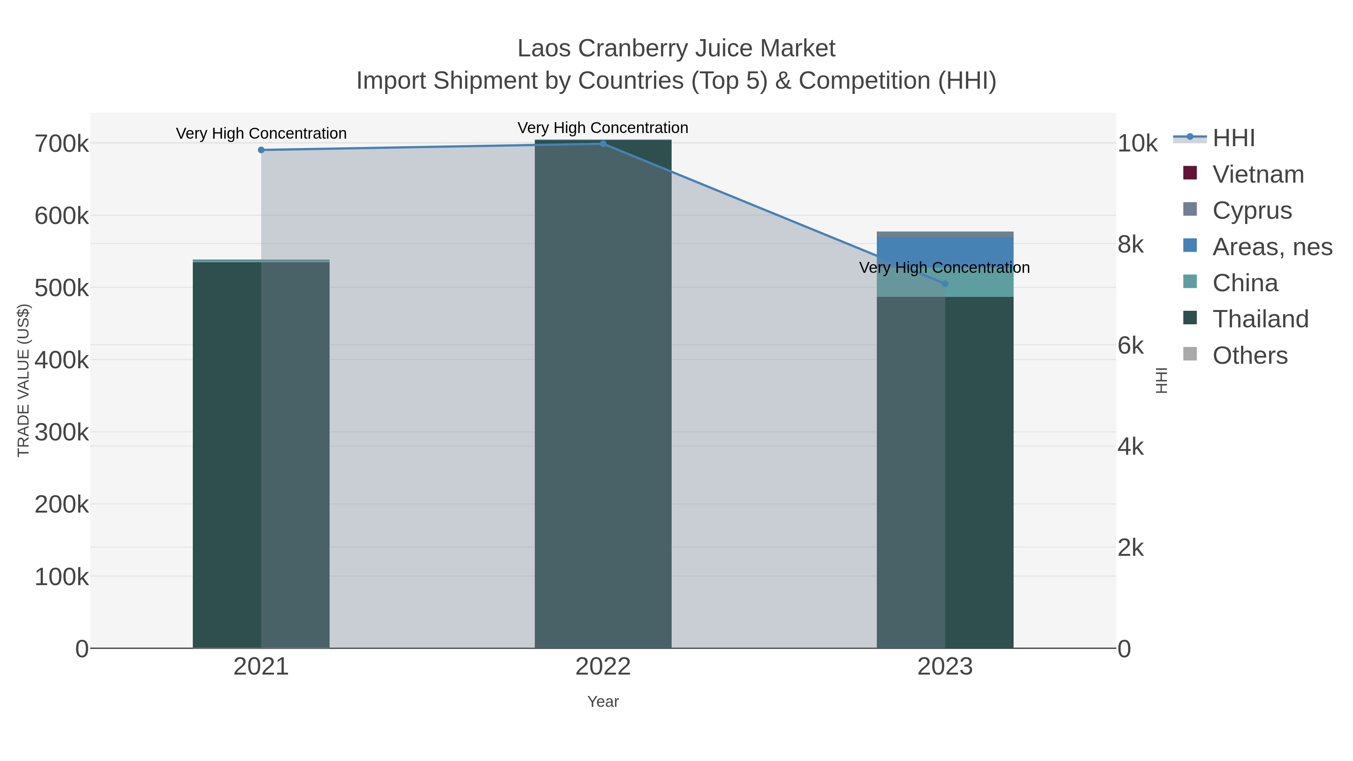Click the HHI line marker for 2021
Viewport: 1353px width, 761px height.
tap(261, 150)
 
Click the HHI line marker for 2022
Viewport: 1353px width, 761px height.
tap(603, 144)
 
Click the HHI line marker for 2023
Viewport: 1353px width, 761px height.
tap(945, 284)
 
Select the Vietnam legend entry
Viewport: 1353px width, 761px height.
tap(1258, 174)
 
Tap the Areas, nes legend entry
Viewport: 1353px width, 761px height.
tap(1272, 247)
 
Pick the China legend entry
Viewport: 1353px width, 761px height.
tap(1245, 283)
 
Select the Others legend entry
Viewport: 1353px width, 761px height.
tap(1250, 356)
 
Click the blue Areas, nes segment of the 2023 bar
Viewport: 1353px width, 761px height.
tap(945, 250)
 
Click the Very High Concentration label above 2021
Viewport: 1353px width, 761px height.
tap(261, 133)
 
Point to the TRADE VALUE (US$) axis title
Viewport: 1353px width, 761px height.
tap(24, 380)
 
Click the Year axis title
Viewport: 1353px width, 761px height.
tap(603, 702)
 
